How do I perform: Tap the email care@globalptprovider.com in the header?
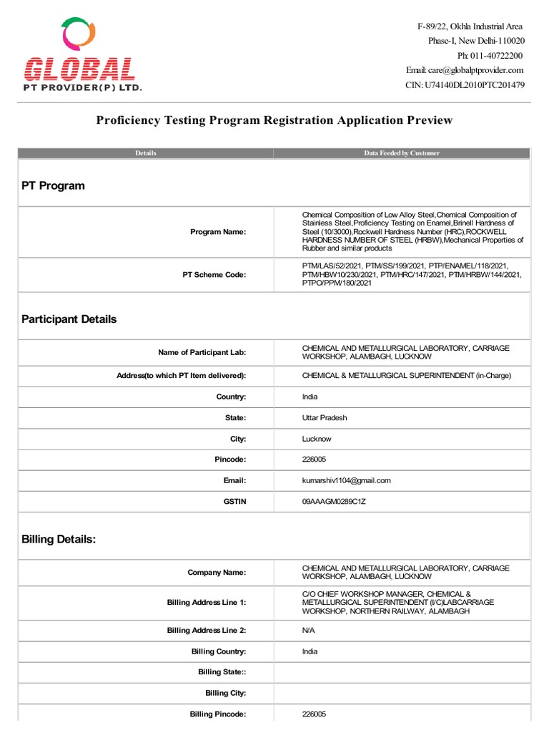465,70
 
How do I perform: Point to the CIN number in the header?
465,84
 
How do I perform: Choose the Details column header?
145,153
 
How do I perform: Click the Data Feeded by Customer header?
402,153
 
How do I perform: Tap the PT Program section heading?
53,185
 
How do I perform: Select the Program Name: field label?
218,232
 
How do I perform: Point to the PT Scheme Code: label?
214,275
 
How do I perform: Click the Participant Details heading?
69,319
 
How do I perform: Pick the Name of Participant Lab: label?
202,352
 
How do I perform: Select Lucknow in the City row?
317,439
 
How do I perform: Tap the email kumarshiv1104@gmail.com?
346,480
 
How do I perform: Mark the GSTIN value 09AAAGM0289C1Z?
334,502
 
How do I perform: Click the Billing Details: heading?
59,540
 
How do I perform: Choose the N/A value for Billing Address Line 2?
309,630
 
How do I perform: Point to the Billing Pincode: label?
218,714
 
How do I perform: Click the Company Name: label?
217,573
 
